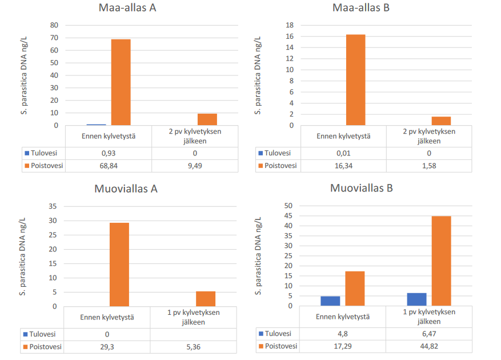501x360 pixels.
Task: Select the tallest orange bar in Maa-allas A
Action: tap(121, 82)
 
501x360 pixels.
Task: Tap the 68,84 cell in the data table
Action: tap(109, 166)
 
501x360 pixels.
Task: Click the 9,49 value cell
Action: tap(194, 166)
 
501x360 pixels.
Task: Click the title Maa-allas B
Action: tap(362, 9)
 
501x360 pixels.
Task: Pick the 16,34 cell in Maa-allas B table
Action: tap(343, 166)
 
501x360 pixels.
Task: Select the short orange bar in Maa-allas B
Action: tap(441, 121)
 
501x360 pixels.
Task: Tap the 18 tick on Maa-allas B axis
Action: tap(290, 25)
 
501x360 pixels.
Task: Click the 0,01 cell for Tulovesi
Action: tap(343, 153)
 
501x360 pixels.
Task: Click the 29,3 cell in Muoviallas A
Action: tap(107, 346)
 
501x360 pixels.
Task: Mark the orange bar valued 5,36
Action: tap(206, 298)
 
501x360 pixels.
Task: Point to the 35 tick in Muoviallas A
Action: tap(53, 206)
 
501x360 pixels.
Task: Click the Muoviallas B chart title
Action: tap(362, 188)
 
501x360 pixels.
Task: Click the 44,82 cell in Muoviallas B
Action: tap(429, 346)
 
